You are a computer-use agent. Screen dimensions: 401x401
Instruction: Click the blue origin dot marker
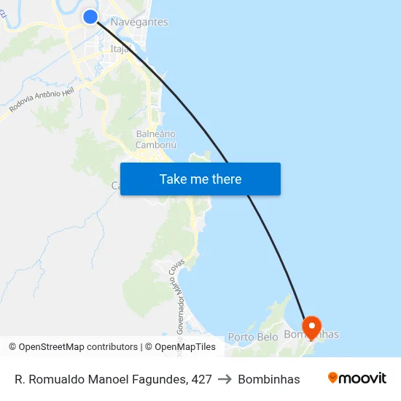click(90, 17)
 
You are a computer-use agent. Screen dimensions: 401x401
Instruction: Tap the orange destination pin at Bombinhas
click(311, 327)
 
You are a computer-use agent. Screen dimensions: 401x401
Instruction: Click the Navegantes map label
click(139, 22)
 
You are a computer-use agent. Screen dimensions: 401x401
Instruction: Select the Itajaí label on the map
click(120, 49)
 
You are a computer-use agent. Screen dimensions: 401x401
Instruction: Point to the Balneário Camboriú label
click(156, 139)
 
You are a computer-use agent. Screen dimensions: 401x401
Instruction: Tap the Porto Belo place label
click(253, 337)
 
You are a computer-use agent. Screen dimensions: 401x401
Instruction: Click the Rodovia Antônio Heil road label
click(42, 96)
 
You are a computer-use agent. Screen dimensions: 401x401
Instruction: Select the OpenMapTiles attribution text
click(184, 347)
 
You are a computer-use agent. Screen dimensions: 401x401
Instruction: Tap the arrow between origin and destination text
click(225, 379)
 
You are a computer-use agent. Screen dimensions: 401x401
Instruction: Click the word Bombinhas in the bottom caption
click(269, 379)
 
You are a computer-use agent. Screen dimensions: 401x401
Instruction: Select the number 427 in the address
click(200, 379)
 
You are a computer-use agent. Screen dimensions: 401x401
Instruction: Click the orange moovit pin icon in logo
click(333, 378)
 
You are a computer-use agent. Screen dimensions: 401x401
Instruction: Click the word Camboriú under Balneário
click(156, 145)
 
